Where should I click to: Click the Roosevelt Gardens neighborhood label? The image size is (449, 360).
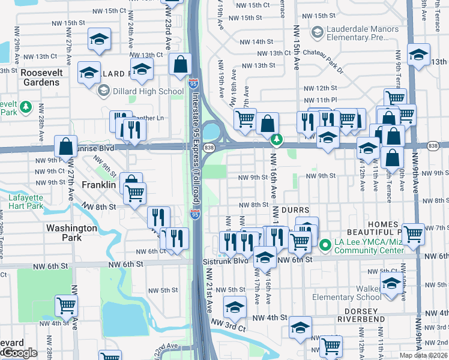pos(40,77)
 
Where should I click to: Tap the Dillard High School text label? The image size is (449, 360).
pos(148,91)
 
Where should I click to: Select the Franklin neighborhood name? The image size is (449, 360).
pos(98,185)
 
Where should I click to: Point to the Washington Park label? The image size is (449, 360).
pos(71,232)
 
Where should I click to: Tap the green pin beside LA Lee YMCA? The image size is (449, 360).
pos(325,245)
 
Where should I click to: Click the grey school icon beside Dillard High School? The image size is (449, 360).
pos(103,91)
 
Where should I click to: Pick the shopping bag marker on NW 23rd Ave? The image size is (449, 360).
pos(180,64)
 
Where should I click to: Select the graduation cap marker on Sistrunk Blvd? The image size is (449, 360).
pos(264,257)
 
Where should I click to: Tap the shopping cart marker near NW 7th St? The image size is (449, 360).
pos(413,234)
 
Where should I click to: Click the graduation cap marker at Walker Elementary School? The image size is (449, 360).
pos(392,285)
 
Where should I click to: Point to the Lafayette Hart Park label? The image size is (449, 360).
pos(26,201)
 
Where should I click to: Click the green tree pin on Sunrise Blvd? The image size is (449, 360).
pos(276,140)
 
